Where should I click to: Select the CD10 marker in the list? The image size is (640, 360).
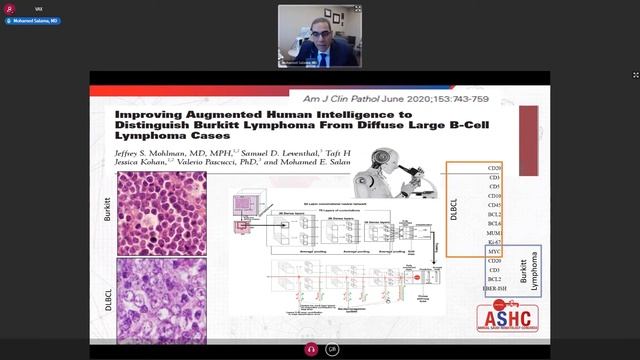tap(493, 196)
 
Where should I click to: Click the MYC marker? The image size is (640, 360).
tap(493, 252)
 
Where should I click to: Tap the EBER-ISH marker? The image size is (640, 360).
tap(492, 289)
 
